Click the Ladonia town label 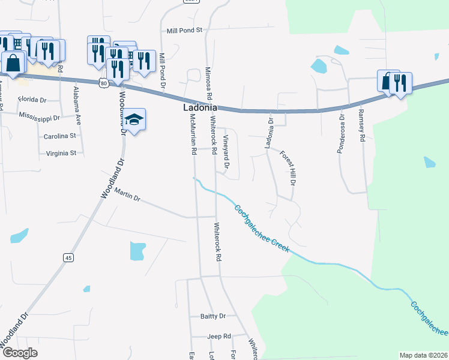pos(200,107)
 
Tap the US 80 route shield pos(104,84)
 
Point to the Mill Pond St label pos(186,30)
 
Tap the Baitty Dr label pos(212,316)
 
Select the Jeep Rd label pos(219,337)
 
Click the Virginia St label pos(61,153)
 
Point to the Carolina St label pos(60,136)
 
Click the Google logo pos(19,352)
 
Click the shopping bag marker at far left pos(13,62)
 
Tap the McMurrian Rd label pos(193,135)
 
